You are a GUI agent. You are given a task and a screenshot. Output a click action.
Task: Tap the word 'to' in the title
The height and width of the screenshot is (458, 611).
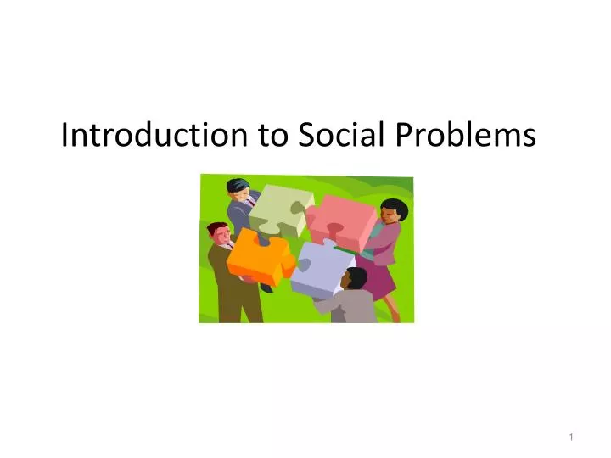click(x=274, y=135)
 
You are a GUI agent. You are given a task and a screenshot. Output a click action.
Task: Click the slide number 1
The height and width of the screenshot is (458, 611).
click(x=573, y=436)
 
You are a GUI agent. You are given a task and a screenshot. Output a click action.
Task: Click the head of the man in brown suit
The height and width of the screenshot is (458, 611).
click(x=218, y=232)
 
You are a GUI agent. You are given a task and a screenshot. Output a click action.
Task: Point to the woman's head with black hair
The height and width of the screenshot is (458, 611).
click(x=394, y=211)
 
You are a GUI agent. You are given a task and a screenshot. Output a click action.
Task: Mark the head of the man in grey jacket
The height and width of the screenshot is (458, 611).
click(x=356, y=277)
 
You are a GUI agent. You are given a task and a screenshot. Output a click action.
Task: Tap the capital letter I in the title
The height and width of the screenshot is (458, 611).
click(x=65, y=135)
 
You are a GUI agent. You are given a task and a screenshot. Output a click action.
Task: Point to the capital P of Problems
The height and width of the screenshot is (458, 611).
click(x=401, y=135)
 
